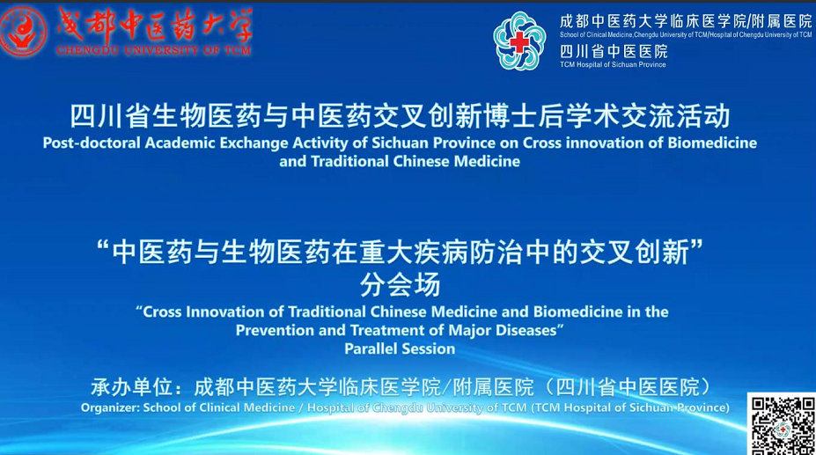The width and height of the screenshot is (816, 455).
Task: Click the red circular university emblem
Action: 23,31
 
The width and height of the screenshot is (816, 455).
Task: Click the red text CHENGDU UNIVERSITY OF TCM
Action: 153,50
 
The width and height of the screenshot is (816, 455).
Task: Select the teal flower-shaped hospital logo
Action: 518,41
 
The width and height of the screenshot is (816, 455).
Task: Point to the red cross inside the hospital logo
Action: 518,41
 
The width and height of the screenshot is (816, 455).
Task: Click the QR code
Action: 782,425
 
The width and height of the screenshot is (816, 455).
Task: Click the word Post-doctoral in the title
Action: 92,143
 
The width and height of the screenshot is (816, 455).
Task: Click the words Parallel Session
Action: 400,349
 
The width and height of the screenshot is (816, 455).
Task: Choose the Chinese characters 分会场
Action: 401,284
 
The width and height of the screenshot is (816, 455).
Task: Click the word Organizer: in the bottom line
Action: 110,407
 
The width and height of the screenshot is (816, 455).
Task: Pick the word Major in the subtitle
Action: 470,331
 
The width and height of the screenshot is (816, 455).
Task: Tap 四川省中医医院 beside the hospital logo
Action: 614,52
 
